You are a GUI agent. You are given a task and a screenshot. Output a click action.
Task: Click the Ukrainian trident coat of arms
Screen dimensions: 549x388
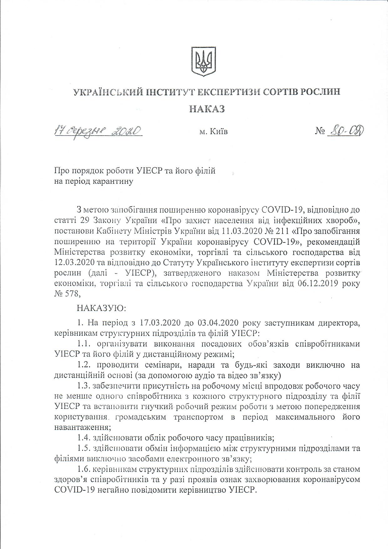(203, 61)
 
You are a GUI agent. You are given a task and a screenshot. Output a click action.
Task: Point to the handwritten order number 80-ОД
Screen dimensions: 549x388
(345, 131)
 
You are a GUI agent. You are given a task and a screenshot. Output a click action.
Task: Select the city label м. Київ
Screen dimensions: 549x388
(213, 132)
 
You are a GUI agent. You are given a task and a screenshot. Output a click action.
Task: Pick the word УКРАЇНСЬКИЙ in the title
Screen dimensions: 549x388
(105, 92)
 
